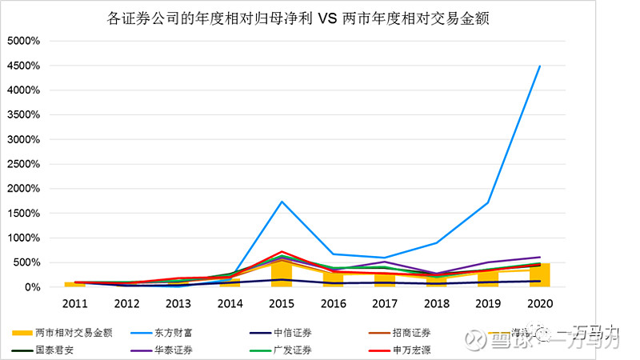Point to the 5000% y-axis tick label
click(x=30, y=41)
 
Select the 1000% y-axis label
click(x=30, y=238)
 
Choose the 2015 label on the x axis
click(x=282, y=304)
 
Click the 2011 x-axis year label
click(x=74, y=304)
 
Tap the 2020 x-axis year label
click(x=540, y=304)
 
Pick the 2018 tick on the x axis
click(x=437, y=304)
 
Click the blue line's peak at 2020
click(x=540, y=66)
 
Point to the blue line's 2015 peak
click(x=282, y=202)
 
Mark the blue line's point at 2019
click(x=488, y=202)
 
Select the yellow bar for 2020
click(x=540, y=275)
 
